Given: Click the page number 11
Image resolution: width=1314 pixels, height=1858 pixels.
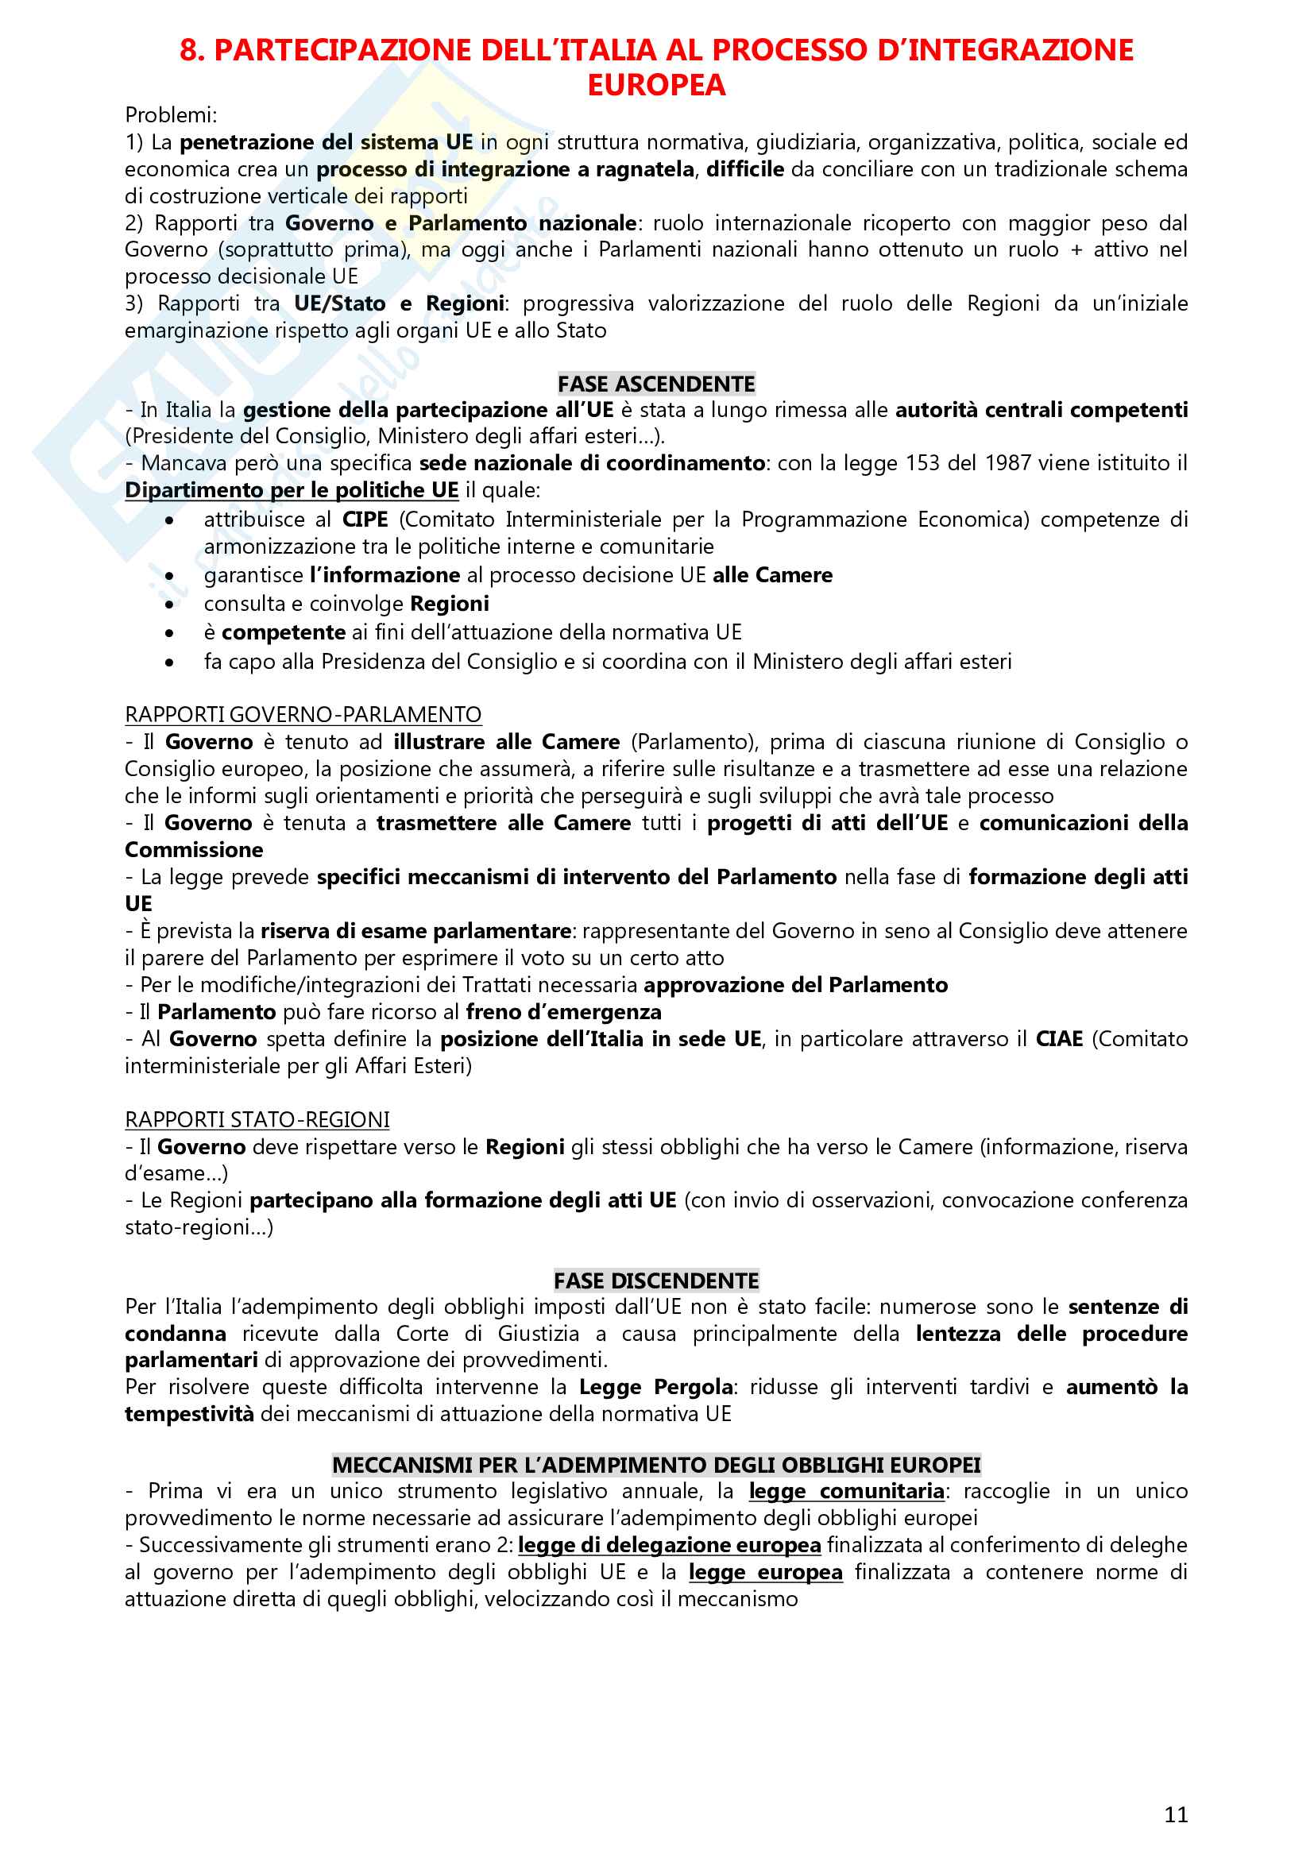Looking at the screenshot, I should click(x=1176, y=1814).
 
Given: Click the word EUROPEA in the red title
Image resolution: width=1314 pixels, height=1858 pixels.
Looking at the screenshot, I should click(x=656, y=86).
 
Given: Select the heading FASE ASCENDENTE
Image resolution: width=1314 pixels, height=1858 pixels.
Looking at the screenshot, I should click(x=656, y=384).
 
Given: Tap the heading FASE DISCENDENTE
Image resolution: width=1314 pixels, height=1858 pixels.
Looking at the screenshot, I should click(x=656, y=1281).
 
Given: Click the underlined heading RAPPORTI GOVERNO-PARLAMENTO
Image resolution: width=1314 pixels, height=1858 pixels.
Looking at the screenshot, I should click(x=303, y=715).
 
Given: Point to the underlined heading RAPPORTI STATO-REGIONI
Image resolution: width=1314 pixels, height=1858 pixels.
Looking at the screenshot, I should click(x=257, y=1120).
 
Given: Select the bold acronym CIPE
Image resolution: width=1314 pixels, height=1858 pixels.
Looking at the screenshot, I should click(x=365, y=520).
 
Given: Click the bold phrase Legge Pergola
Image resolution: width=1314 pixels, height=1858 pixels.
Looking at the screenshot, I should click(x=655, y=1387).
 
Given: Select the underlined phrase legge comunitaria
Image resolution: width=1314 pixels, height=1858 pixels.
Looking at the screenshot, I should click(x=846, y=1492).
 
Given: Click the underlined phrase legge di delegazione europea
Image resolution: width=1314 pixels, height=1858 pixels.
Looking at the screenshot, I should click(x=669, y=1545).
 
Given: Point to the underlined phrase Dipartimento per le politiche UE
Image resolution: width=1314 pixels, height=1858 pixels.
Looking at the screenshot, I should click(x=292, y=490).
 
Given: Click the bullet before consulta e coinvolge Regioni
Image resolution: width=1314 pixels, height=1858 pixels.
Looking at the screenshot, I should click(x=169, y=605).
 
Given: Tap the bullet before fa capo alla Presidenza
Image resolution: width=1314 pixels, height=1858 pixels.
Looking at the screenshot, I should click(x=169, y=662).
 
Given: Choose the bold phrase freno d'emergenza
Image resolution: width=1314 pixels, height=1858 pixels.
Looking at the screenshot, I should click(x=563, y=1012).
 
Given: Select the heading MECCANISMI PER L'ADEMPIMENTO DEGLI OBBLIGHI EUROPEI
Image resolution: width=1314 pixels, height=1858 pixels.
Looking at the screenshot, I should click(x=656, y=1466).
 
